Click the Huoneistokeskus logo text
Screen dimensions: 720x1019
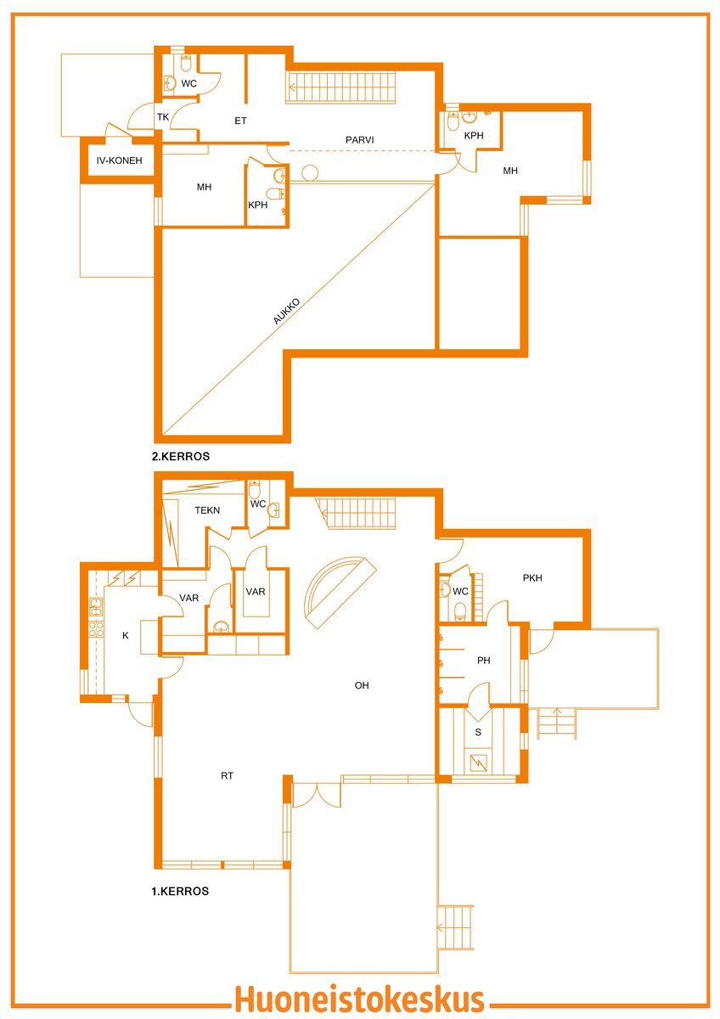coord(359,999)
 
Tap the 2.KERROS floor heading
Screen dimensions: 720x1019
coord(181,456)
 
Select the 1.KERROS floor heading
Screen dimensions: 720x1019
coord(180,891)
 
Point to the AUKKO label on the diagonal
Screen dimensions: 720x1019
coord(286,311)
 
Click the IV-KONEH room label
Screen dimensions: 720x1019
coord(119,160)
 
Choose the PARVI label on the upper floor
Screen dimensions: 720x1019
coord(360,140)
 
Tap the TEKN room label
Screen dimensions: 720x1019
coord(207,510)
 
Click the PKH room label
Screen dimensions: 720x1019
coord(532,577)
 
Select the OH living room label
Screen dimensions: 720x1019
coord(362,685)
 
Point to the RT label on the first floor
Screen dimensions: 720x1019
coord(227,775)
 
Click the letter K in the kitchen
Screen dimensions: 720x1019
coord(126,635)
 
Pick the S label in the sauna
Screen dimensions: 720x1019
coord(478,732)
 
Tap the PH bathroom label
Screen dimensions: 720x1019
coord(483,660)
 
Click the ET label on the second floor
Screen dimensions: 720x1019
coord(240,121)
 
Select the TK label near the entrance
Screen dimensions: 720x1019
coord(163,117)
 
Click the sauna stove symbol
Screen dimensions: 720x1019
coord(479,763)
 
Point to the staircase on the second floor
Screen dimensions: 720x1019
coord(340,87)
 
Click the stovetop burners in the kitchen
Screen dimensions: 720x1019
coord(96,628)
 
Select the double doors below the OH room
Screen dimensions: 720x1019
coord(317,795)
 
